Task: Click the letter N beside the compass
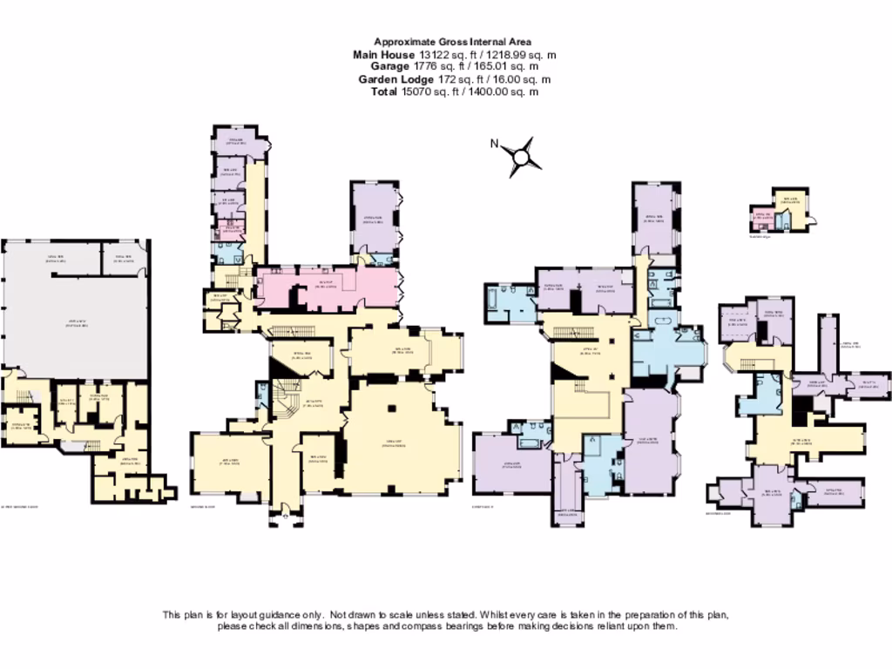494,145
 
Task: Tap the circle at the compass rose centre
523,158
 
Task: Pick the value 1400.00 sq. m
497,91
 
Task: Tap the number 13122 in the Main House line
425,54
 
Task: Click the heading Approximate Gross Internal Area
452,41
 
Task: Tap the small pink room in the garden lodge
760,219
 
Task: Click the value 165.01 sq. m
505,66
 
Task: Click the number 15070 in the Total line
415,91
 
